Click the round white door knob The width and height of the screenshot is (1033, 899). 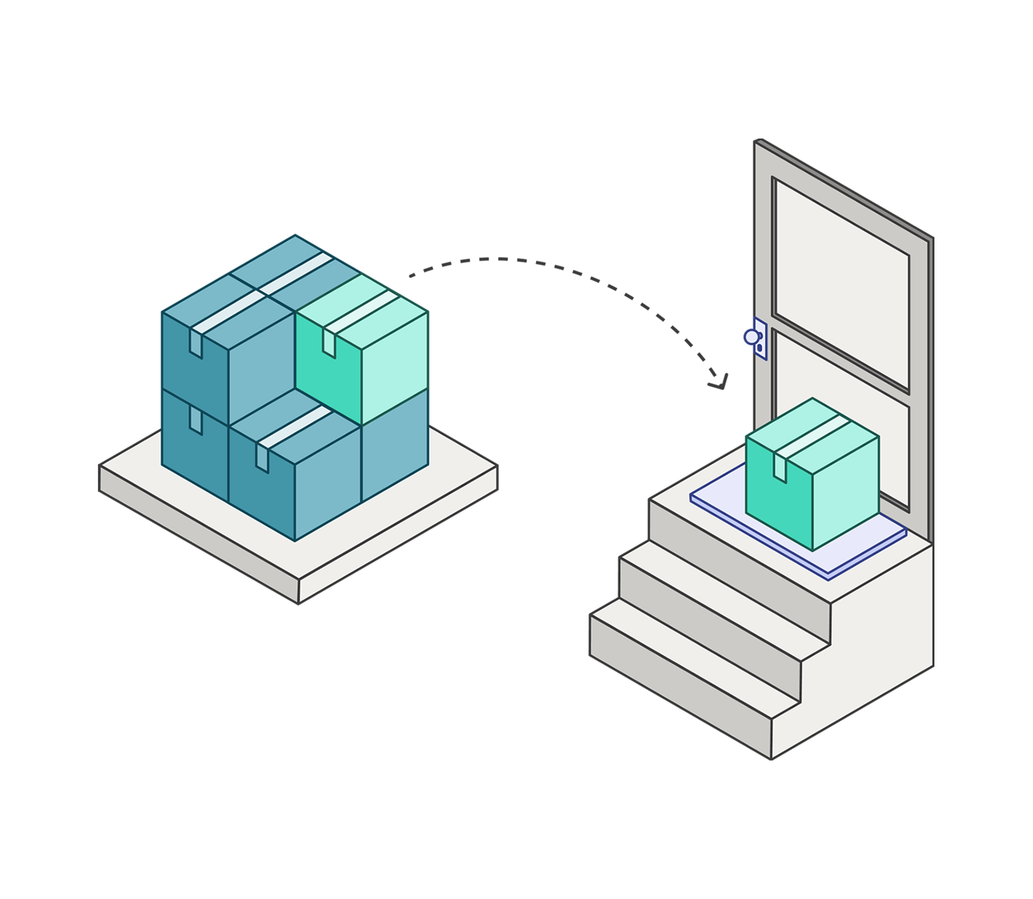click(x=751, y=337)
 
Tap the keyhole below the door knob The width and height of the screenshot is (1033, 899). click(x=759, y=347)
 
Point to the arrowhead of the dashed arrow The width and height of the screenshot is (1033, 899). click(x=720, y=383)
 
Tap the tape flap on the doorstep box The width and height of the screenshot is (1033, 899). click(x=779, y=465)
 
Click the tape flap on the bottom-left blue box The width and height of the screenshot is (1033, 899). click(x=196, y=420)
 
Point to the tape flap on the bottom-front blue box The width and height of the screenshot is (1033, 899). click(x=262, y=458)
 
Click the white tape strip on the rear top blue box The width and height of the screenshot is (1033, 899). click(x=293, y=273)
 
